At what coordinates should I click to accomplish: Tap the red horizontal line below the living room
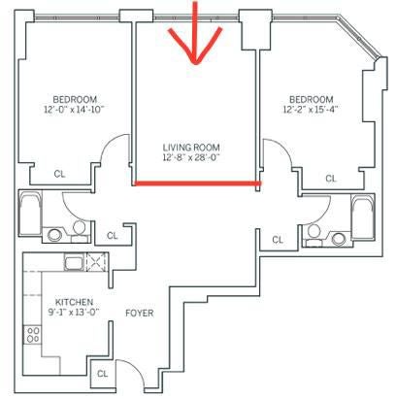[197, 183]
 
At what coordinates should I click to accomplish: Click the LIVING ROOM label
[191, 148]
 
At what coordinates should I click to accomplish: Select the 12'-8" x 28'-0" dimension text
[191, 158]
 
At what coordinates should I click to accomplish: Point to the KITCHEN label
[74, 302]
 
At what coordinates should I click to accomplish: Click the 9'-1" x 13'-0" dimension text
[73, 313]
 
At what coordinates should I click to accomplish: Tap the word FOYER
[140, 314]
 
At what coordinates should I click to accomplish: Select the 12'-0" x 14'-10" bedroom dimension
[74, 110]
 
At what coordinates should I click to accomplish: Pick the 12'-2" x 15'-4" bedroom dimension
[311, 110]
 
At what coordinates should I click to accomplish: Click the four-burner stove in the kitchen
[33, 335]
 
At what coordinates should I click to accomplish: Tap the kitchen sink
[75, 262]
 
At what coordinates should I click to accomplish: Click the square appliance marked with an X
[96, 262]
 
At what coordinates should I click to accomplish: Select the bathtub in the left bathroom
[30, 214]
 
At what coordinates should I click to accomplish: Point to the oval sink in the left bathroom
[54, 235]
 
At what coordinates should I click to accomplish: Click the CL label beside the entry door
[103, 374]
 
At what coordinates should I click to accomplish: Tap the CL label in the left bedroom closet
[59, 174]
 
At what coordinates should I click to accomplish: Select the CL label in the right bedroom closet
[331, 179]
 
